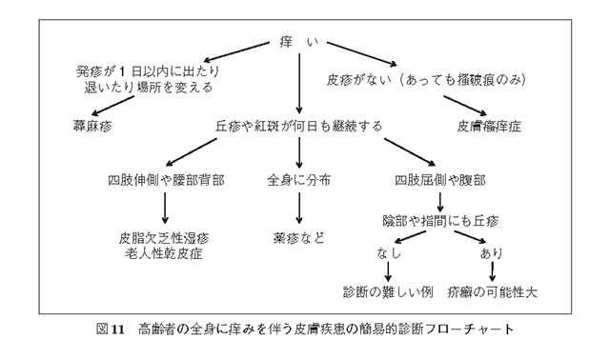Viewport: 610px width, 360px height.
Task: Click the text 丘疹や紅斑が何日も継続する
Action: click(x=299, y=125)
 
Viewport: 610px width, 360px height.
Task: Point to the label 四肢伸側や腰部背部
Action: click(x=166, y=180)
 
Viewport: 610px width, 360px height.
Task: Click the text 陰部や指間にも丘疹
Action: click(x=439, y=221)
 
